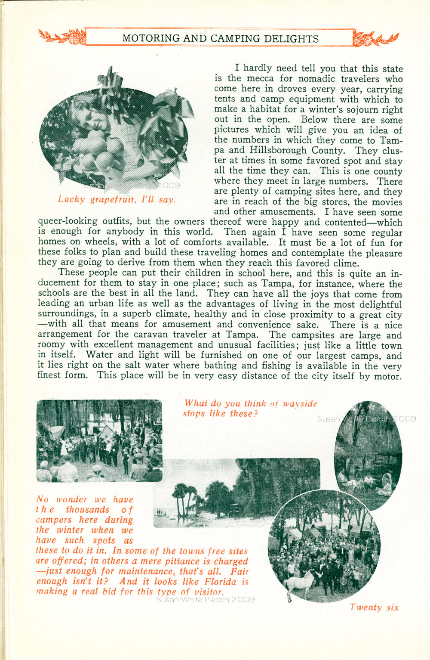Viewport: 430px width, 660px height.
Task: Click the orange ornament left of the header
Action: [62, 37]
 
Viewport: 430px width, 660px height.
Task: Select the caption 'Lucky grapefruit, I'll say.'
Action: [117, 199]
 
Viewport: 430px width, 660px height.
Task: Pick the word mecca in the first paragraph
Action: [260, 78]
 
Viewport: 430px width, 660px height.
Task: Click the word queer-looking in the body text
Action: [68, 222]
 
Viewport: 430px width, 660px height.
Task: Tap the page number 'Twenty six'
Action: [374, 607]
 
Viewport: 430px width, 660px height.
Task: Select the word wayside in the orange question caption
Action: [300, 404]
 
